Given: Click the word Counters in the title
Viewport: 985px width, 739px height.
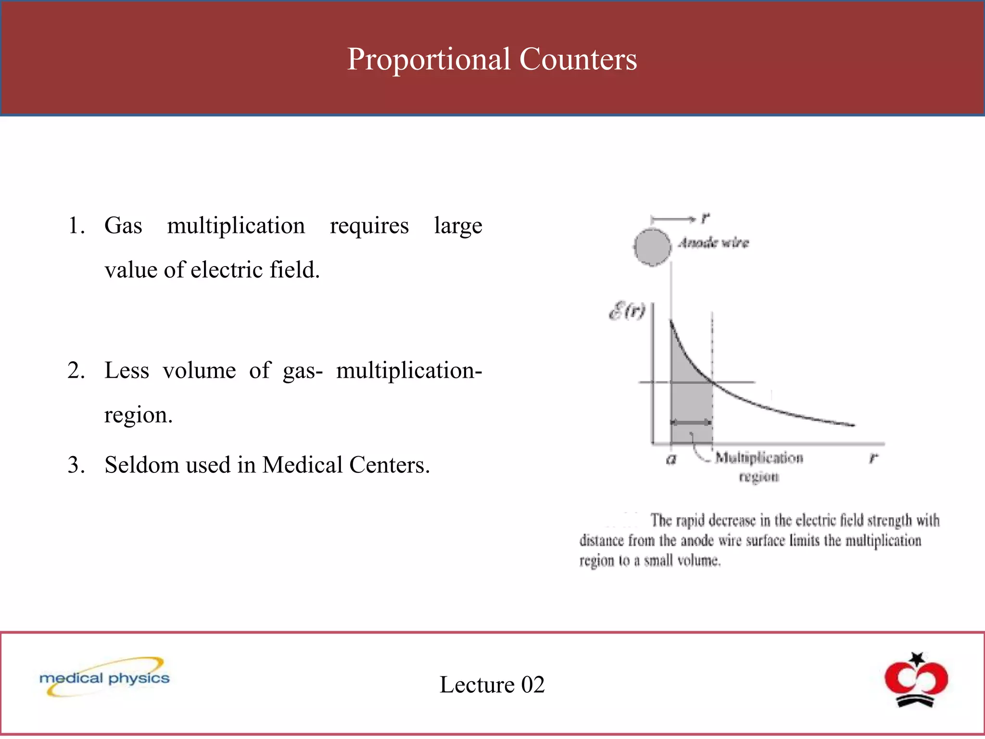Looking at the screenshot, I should pyautogui.click(x=578, y=59).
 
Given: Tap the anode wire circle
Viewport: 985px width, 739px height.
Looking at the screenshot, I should pyautogui.click(x=652, y=247).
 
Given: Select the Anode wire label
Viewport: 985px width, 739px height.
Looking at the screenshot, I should pyautogui.click(x=714, y=243).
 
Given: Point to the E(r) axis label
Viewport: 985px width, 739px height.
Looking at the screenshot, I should pyautogui.click(x=627, y=311).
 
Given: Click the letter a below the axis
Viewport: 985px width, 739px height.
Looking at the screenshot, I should pyautogui.click(x=671, y=459).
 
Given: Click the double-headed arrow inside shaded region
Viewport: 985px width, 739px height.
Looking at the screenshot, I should pyautogui.click(x=691, y=422).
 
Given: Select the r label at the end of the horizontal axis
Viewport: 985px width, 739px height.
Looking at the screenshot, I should pyautogui.click(x=873, y=458).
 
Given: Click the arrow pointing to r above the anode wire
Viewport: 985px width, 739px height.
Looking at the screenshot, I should pyautogui.click(x=673, y=220).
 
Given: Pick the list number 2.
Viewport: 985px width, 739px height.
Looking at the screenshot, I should pyautogui.click(x=76, y=370).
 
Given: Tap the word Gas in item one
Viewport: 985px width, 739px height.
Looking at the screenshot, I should pyautogui.click(x=123, y=225).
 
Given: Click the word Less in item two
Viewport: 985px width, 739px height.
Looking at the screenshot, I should pyautogui.click(x=126, y=370).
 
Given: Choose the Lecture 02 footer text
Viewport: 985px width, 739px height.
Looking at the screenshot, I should pyautogui.click(x=492, y=684).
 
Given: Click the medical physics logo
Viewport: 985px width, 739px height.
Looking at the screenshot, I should pyautogui.click(x=105, y=677).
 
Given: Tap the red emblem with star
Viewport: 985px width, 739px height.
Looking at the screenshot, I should pyautogui.click(x=916, y=679).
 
